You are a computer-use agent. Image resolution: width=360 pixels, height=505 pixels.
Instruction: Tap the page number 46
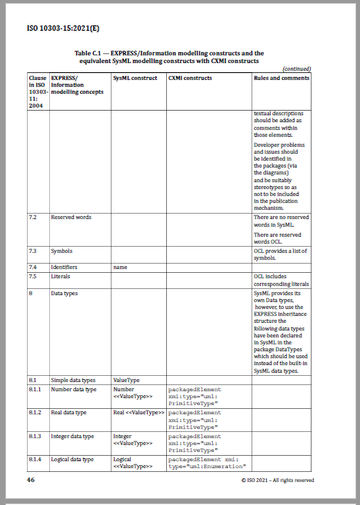[x=32, y=480]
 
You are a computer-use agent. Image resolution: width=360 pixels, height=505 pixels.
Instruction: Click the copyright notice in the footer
[x=277, y=480]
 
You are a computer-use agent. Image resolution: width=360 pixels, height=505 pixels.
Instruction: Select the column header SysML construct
[x=135, y=78]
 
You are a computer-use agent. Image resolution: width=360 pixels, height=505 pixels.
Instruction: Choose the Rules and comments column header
[x=282, y=78]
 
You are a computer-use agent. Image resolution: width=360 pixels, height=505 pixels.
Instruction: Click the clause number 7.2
[x=34, y=218]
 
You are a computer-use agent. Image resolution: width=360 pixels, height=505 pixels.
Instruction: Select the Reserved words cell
[x=71, y=218]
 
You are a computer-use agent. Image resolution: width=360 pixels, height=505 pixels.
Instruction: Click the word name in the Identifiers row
[x=120, y=267]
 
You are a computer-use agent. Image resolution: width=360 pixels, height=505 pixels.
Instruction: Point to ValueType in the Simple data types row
[x=126, y=380]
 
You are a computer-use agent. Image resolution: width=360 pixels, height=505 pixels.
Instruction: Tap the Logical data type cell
[x=72, y=460]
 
